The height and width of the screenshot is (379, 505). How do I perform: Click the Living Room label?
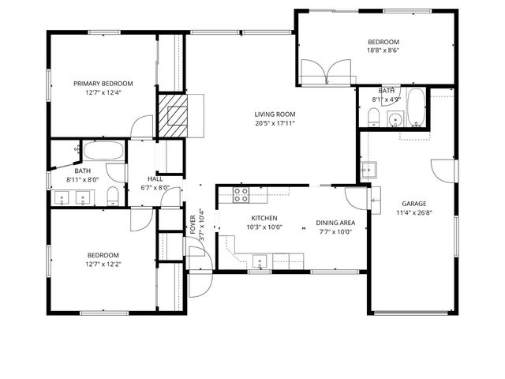click(275, 113)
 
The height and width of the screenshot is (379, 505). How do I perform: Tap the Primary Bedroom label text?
click(103, 83)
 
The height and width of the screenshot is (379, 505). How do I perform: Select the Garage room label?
click(413, 203)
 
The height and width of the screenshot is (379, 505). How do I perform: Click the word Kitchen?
click(264, 218)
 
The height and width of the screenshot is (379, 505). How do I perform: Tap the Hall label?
click(155, 178)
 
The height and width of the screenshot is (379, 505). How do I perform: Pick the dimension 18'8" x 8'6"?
click(383, 51)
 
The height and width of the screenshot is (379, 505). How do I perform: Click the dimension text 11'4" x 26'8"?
click(413, 212)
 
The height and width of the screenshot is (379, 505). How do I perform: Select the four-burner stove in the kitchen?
click(241, 194)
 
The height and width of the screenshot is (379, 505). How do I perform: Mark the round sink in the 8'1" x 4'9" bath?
click(396, 120)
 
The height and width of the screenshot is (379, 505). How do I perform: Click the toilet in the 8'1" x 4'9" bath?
click(374, 118)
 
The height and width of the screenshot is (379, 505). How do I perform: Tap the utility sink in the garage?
click(368, 170)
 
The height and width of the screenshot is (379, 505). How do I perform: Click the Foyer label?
click(193, 226)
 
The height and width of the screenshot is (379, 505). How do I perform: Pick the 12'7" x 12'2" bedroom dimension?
click(103, 265)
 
